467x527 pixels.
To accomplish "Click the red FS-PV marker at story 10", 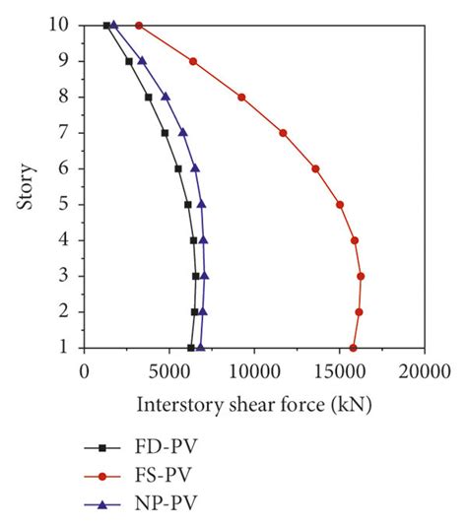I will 139,25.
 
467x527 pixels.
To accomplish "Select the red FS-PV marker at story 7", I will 283,133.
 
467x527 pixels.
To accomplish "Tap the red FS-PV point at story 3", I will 361,276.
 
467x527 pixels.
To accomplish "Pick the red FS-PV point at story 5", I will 340,205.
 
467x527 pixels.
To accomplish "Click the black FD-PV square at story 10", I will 106,25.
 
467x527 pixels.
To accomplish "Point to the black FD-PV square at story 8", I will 148,97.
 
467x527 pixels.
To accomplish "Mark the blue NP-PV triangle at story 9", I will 142,60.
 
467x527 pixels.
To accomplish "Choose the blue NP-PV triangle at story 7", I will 182,132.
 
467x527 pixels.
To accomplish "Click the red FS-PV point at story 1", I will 354,348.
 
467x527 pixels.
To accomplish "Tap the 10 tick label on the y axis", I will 63,25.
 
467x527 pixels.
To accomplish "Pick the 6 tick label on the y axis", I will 67,168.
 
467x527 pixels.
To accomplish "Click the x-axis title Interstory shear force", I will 254,404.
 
